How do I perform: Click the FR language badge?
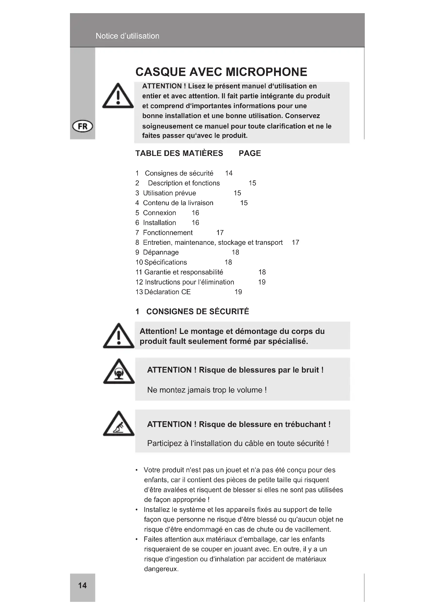tap(83, 126)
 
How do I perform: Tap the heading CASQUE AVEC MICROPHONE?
tap(221, 72)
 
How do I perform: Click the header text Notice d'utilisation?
tap(128, 36)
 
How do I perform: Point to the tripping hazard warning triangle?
tap(119, 425)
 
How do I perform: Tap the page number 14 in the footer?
tap(82, 585)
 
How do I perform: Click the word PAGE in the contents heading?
tap(250, 153)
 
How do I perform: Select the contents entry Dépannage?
tap(161, 252)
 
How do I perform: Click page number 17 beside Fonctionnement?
tap(220, 232)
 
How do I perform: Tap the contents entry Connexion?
tap(159, 213)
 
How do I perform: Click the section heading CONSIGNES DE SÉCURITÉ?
tap(198, 312)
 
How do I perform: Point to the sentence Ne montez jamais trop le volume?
tap(207, 390)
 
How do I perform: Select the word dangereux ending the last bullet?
tap(161, 569)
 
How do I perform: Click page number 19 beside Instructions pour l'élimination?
tap(262, 282)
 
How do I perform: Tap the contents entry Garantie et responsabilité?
tap(184, 272)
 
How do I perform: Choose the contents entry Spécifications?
tap(165, 262)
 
